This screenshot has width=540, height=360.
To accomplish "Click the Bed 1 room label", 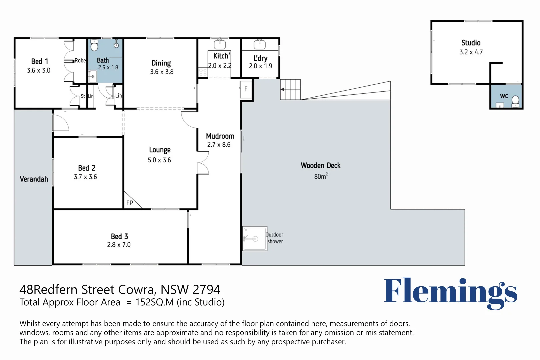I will [x=40, y=61].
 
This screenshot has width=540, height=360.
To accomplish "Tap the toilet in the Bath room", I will [x=94, y=45].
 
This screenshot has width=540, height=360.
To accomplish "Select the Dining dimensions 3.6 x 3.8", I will [x=162, y=72].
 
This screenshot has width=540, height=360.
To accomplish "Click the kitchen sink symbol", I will [x=220, y=44].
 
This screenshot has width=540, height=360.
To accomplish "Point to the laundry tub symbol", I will [x=260, y=44].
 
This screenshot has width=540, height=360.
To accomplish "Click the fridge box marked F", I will [x=246, y=89].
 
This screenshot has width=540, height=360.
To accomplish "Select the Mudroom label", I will [x=220, y=136].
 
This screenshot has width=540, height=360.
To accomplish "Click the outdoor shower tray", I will [x=255, y=239].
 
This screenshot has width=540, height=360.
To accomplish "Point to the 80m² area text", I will [x=321, y=176].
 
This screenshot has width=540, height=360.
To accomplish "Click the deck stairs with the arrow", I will [x=290, y=89].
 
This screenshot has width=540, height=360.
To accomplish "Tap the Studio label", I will [x=471, y=43].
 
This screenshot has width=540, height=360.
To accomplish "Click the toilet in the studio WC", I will [x=515, y=101].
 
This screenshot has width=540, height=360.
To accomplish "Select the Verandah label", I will [x=34, y=179].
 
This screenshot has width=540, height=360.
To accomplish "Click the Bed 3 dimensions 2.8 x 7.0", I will [x=119, y=245].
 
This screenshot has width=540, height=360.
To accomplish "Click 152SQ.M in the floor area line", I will [x=154, y=302].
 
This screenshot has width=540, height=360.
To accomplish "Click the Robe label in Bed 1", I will [x=80, y=60].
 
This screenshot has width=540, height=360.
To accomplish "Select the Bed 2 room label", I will [x=87, y=168].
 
